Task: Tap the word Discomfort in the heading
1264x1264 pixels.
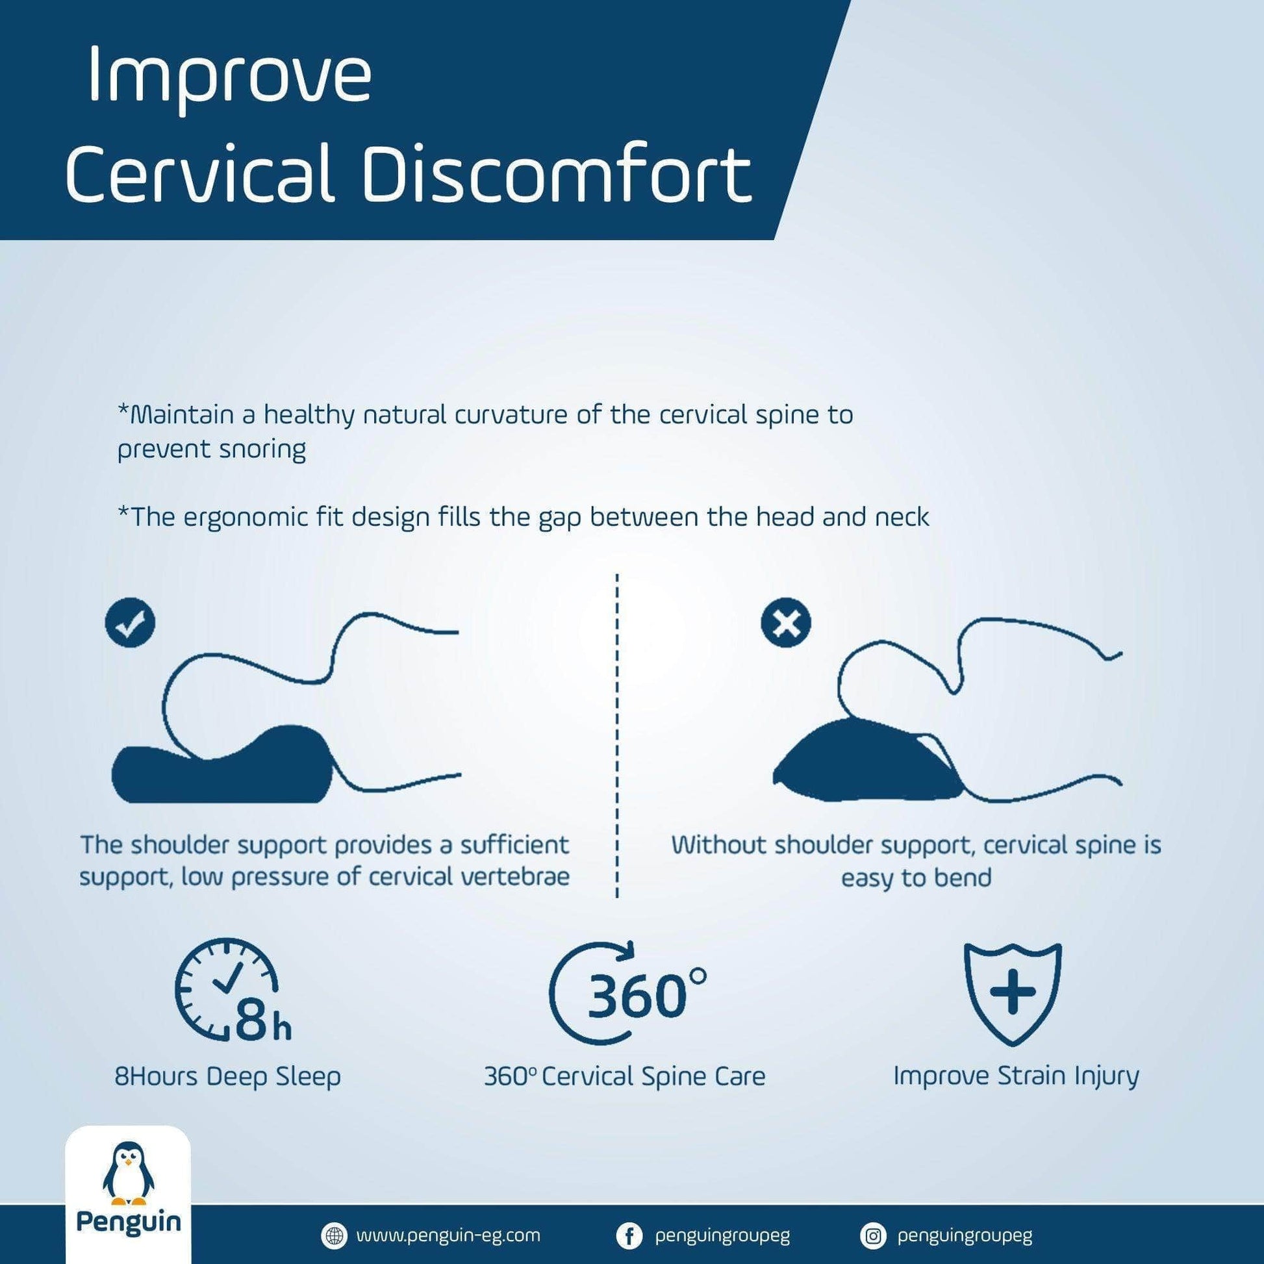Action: coord(557,172)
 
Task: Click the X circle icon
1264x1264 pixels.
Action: coord(786,624)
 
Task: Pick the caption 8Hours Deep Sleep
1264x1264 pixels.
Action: coord(228,1076)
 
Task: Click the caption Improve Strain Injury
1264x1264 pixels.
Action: coord(1016,1076)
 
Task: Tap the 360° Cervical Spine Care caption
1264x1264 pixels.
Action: coord(625,1076)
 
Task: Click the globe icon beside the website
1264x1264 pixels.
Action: coord(335,1236)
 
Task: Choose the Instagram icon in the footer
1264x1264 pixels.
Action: coord(872,1236)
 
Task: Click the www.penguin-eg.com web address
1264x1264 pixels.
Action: coord(448,1236)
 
